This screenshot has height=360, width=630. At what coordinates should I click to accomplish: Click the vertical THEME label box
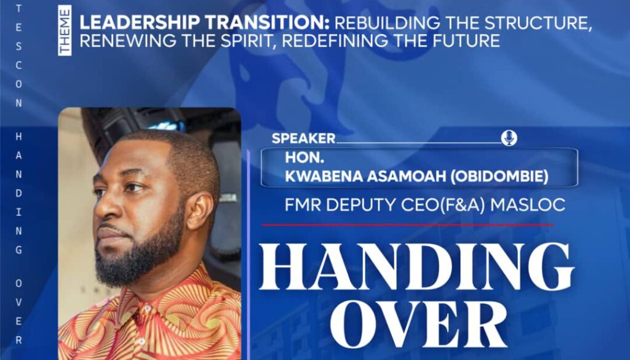[65, 31]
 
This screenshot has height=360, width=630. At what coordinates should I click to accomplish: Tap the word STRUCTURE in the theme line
[538, 23]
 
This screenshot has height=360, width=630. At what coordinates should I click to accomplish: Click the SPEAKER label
[303, 138]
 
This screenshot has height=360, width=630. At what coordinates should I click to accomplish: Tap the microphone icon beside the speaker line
[509, 138]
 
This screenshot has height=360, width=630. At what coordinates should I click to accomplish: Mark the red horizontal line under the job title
[407, 225]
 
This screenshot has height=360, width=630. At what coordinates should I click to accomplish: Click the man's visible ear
[200, 210]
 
